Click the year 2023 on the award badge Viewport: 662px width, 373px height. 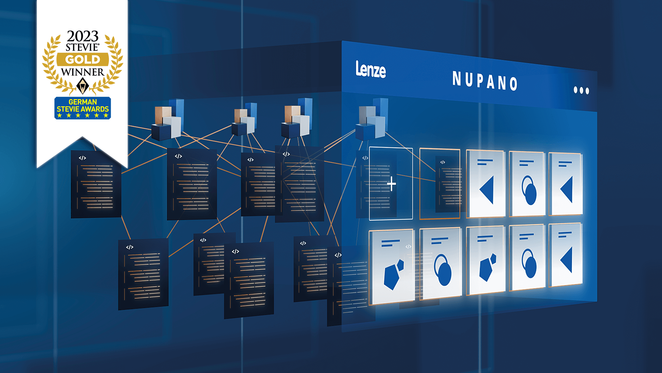(x=83, y=36)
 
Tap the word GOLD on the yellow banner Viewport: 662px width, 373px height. (x=83, y=59)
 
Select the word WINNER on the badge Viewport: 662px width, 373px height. (x=83, y=72)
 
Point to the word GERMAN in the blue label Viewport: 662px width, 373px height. (x=83, y=102)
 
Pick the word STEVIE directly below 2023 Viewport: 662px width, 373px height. (x=82, y=47)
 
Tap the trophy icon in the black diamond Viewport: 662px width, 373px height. (x=83, y=86)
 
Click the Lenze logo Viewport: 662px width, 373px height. (x=371, y=69)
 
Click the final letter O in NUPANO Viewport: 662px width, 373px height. (x=513, y=84)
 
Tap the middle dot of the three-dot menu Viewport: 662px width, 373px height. (x=581, y=90)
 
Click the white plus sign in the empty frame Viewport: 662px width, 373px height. (x=391, y=184)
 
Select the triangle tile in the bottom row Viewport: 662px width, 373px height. (x=566, y=255)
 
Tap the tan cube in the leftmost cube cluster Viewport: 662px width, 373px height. (x=163, y=114)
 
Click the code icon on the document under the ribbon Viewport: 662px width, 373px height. (x=82, y=158)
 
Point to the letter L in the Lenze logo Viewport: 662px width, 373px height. (x=358, y=68)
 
